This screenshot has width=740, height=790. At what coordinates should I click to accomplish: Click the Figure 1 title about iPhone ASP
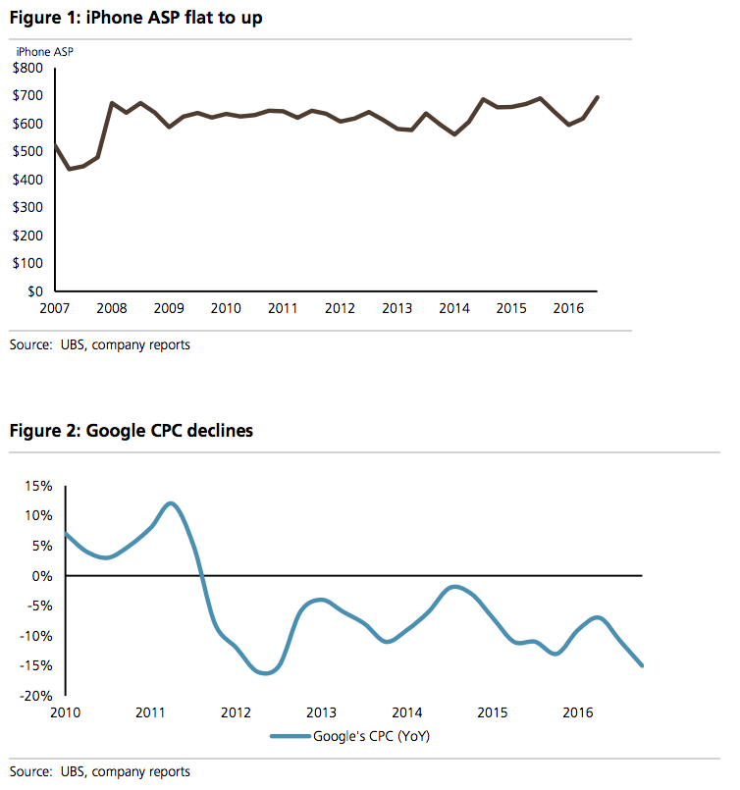pyautogui.click(x=136, y=18)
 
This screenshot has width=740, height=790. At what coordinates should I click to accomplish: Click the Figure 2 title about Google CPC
pyautogui.click(x=132, y=431)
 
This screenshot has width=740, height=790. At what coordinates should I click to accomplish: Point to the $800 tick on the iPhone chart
pyautogui.click(x=27, y=68)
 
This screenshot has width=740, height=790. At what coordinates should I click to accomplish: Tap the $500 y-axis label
pyautogui.click(x=27, y=152)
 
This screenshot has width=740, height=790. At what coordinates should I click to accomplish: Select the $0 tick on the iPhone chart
pyautogui.click(x=34, y=291)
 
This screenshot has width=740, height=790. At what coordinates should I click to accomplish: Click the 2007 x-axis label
pyautogui.click(x=54, y=308)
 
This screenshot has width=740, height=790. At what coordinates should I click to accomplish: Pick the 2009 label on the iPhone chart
pyautogui.click(x=169, y=308)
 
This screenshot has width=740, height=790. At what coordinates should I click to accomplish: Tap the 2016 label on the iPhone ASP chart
pyautogui.click(x=568, y=308)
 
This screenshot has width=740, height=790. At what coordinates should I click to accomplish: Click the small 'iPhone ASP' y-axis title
pyautogui.click(x=45, y=52)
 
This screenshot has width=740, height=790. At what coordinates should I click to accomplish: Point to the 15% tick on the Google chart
pyautogui.click(x=39, y=486)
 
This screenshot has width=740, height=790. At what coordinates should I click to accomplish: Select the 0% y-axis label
pyautogui.click(x=42, y=576)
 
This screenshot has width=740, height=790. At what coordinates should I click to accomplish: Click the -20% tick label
pyautogui.click(x=35, y=696)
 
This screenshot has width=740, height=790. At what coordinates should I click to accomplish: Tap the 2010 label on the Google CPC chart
pyautogui.click(x=65, y=712)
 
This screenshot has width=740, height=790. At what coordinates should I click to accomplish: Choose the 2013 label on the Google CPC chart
pyautogui.click(x=321, y=712)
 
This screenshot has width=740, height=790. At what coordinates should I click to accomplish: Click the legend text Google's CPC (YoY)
pyautogui.click(x=372, y=736)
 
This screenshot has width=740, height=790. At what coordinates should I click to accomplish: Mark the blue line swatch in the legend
pyautogui.click(x=291, y=736)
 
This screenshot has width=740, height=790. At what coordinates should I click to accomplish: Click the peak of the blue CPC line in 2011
pyautogui.click(x=171, y=502)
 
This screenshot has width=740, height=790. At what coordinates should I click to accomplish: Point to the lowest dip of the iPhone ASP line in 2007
pyautogui.click(x=69, y=169)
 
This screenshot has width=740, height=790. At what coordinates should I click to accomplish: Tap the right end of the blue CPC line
pyautogui.click(x=642, y=665)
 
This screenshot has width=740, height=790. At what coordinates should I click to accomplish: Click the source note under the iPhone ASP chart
pyautogui.click(x=100, y=345)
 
